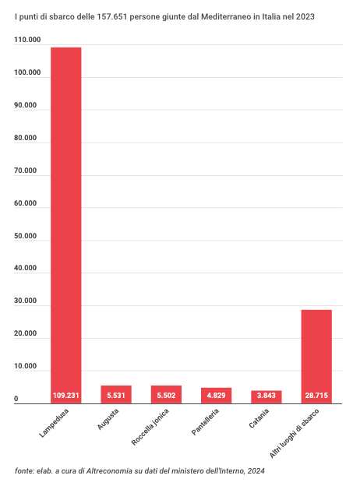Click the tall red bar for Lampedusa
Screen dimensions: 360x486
(66, 225)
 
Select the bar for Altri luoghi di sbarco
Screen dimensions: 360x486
(316, 357)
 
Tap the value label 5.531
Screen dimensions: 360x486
(116, 396)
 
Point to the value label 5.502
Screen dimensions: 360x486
(166, 396)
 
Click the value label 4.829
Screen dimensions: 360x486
(216, 396)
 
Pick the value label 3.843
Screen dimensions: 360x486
(266, 396)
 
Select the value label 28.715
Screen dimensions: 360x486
(316, 396)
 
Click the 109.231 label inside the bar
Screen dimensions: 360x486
(66, 396)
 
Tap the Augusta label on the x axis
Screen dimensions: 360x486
(108, 419)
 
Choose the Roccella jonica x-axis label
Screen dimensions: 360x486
(150, 427)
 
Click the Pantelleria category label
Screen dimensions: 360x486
(205, 421)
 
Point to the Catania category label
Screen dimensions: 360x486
(259, 418)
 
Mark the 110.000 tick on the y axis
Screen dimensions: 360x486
(27, 40)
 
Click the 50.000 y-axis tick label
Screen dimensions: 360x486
(25, 236)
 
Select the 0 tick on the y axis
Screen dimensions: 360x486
(16, 399)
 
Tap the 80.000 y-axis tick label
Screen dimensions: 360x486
(25, 138)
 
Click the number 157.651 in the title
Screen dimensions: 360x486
(112, 16)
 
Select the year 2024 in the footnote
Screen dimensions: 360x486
(256, 471)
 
